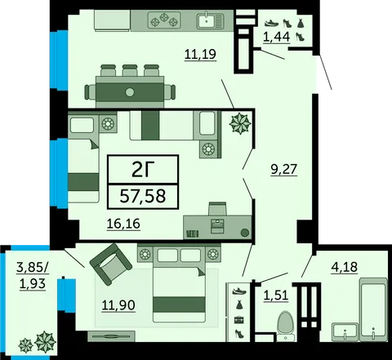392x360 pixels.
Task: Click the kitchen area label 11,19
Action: [200, 54]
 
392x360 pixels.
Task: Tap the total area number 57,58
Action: [143, 196]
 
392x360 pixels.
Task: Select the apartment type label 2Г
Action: [143, 169]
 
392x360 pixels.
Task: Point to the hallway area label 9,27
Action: [283, 169]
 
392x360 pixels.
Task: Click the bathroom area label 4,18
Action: [344, 267]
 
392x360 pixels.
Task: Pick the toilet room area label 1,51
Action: [276, 295]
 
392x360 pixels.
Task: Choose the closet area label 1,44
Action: [276, 37]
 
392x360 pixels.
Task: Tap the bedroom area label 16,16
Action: [123, 224]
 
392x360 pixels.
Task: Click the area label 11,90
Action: [118, 305]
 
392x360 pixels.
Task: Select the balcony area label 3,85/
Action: [33, 268]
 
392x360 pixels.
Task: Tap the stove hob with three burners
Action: [164, 20]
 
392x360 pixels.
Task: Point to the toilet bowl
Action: [286, 326]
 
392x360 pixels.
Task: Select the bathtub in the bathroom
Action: [373, 309]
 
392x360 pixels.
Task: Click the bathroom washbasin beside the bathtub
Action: [345, 331]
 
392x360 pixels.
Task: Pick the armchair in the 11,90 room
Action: [111, 263]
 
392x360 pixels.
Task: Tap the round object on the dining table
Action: [130, 92]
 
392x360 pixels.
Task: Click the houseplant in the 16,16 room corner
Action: [240, 123]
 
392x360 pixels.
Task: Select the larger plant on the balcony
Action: [45, 341]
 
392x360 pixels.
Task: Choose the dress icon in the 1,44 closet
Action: [301, 23]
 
